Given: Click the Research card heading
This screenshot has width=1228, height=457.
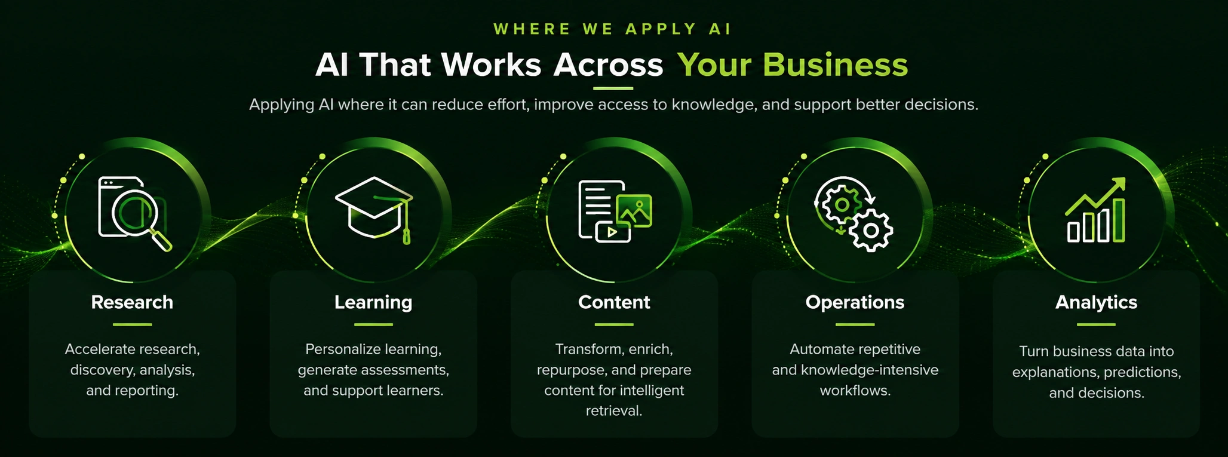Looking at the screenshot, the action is [x=132, y=302].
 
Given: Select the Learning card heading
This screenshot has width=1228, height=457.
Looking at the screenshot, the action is [x=373, y=303].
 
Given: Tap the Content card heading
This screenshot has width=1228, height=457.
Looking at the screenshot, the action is [x=614, y=302].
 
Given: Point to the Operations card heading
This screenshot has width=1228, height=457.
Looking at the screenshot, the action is [x=855, y=303].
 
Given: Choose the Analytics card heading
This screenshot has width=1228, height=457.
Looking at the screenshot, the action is [x=1096, y=303].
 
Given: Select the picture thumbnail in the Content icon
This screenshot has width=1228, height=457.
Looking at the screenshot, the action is [x=634, y=210].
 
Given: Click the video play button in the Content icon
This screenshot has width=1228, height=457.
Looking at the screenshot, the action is [x=613, y=232].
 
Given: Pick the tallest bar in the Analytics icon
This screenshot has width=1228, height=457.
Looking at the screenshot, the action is [x=1119, y=220].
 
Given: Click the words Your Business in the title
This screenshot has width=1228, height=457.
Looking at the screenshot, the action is [x=793, y=65].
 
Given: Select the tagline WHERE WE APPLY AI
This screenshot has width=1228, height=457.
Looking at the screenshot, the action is [x=613, y=29].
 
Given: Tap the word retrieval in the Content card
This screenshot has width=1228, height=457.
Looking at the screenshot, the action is [x=614, y=411].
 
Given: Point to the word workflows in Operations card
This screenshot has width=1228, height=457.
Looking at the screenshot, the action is [x=855, y=391].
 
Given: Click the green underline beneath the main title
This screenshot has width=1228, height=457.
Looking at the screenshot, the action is [x=613, y=88].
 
